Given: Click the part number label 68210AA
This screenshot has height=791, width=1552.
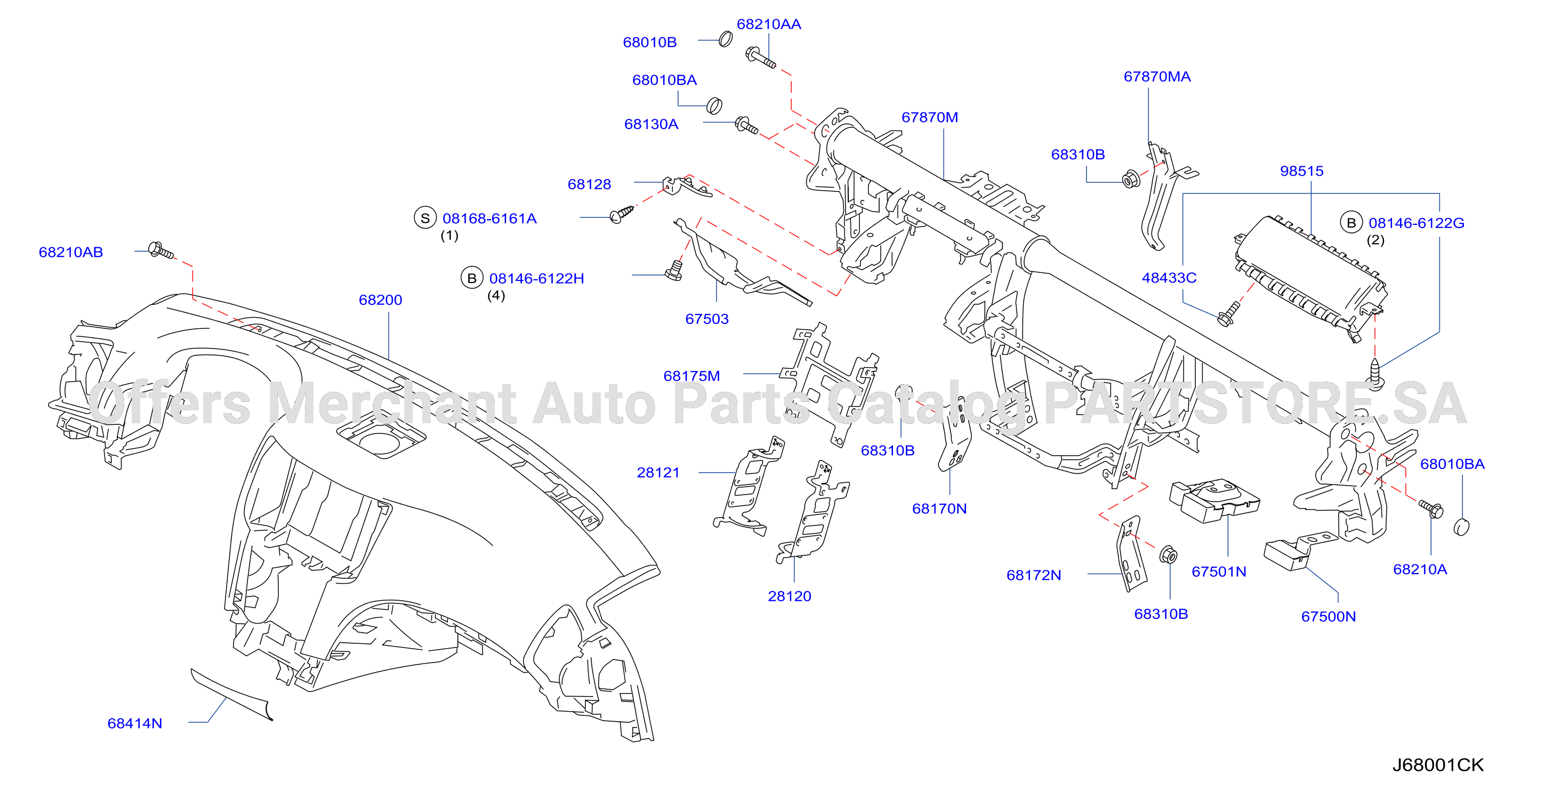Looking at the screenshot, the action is [769, 25].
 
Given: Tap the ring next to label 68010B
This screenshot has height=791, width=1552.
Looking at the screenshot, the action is [726, 40].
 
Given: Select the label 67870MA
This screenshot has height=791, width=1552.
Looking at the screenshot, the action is [1157, 77].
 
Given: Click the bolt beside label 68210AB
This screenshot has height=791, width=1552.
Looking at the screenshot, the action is [161, 251].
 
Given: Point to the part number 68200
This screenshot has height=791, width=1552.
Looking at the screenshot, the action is [380, 300].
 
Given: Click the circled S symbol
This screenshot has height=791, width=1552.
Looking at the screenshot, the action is [425, 218].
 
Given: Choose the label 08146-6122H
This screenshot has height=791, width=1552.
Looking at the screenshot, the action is [536, 278].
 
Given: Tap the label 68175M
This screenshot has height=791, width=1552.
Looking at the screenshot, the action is [691, 376].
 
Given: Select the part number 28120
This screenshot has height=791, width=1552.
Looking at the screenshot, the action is [789, 596].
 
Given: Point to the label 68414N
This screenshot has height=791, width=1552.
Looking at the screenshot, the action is [135, 723].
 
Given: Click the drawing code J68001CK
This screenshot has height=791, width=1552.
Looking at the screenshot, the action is [1437, 765].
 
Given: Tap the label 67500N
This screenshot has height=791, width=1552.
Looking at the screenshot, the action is [1329, 617].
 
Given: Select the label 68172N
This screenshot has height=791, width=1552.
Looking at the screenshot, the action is [1034, 575].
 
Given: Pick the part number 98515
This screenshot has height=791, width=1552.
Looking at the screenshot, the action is [1302, 171].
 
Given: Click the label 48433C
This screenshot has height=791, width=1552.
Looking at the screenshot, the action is [1169, 278].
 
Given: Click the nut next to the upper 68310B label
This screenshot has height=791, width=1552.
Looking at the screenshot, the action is [1130, 179].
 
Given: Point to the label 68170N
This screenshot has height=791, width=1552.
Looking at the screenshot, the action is [939, 509].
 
